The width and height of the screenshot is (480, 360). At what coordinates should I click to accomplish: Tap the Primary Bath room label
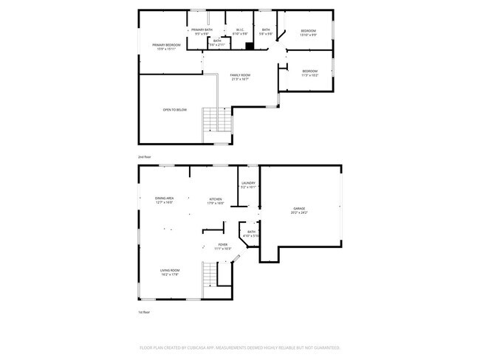pyautogui.click(x=202, y=31)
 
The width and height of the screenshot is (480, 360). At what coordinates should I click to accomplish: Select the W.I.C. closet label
pyautogui.click(x=240, y=31)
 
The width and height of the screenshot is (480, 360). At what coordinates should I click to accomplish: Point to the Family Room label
pyautogui.click(x=239, y=77)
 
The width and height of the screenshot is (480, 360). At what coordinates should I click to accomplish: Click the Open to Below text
pyautogui.click(x=175, y=110)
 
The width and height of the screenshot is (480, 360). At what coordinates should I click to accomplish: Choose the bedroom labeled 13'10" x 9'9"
pyautogui.click(x=308, y=32)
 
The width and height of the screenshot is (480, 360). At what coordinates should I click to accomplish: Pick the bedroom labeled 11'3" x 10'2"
pyautogui.click(x=309, y=73)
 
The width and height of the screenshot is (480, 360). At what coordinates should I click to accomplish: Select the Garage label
pyautogui.click(x=298, y=210)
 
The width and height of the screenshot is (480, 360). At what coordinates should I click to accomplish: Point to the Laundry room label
pyautogui.click(x=248, y=184)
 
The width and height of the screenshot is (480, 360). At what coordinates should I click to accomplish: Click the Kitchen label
pyautogui.click(x=216, y=200)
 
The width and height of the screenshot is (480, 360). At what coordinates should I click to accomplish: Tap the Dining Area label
pyautogui.click(x=164, y=200)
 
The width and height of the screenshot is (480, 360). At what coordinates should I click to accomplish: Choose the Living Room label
pyautogui.click(x=171, y=272)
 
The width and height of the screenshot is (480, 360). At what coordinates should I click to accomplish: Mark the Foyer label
pyautogui.click(x=222, y=246)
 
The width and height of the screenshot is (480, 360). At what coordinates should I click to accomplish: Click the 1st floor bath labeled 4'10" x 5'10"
pyautogui.click(x=251, y=234)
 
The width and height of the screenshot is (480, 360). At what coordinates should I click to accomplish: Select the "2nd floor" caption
pyautogui.click(x=144, y=157)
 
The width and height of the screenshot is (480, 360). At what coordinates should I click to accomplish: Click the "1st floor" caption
pyautogui.click(x=144, y=313)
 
